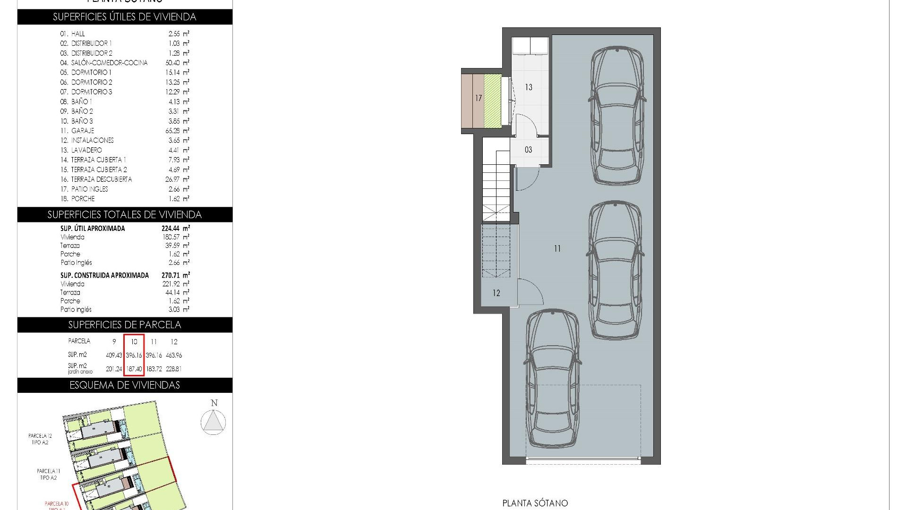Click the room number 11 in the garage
tap(557, 248)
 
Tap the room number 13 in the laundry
tap(529, 87)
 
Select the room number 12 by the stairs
tap(496, 293)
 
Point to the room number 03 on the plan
tap(528, 150)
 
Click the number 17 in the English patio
tap(479, 98)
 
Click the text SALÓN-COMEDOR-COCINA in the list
tap(109, 63)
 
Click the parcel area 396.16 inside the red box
tap(134, 355)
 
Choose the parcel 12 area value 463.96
tap(174, 355)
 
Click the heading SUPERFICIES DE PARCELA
tap(125, 325)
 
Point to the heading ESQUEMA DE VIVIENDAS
tap(125, 385)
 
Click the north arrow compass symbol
tap(214, 421)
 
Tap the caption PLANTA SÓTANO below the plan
tap(535, 503)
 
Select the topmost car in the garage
tap(617, 116)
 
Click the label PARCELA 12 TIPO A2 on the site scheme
tap(40, 439)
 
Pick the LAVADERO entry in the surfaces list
tap(86, 150)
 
